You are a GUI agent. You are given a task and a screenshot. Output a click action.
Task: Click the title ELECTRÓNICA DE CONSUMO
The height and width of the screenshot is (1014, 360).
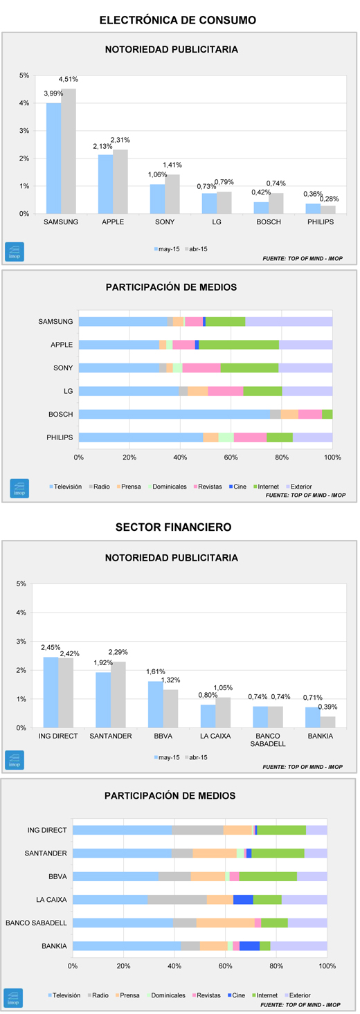click(x=177, y=20)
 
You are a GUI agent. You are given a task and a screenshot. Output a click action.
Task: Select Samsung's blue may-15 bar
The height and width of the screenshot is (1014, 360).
click(x=53, y=158)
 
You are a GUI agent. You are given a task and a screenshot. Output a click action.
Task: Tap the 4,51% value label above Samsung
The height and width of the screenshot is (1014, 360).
click(x=68, y=79)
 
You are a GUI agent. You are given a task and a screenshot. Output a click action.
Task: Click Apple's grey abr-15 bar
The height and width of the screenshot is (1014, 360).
click(x=120, y=181)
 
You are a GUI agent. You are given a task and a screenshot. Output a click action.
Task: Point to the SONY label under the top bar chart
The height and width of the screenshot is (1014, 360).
click(x=164, y=221)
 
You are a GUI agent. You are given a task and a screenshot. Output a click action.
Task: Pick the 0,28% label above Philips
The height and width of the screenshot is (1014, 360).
click(x=330, y=199)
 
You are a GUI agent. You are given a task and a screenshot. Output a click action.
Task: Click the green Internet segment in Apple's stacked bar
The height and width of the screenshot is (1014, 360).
click(x=239, y=345)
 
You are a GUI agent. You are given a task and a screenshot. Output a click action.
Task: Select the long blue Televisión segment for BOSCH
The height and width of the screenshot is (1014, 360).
click(x=174, y=414)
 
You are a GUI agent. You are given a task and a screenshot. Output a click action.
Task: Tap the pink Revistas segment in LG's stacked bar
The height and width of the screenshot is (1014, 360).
click(x=226, y=391)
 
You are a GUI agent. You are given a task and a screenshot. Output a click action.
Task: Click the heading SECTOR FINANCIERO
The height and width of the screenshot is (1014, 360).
click(x=174, y=527)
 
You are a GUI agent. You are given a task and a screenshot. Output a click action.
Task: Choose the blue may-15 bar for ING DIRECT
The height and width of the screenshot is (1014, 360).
click(x=51, y=692)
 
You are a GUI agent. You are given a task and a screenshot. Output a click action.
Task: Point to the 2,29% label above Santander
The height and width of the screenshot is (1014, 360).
click(x=118, y=652)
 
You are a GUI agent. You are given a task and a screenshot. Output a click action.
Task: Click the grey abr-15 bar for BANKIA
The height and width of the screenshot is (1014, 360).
click(x=328, y=722)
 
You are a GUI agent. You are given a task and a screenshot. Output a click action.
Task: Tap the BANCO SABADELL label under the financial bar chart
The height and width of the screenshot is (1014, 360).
click(x=268, y=740)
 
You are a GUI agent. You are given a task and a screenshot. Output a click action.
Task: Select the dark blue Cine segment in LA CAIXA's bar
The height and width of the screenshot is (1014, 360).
click(x=243, y=900)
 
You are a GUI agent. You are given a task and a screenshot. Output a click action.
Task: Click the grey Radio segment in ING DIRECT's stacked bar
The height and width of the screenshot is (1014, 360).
click(x=197, y=830)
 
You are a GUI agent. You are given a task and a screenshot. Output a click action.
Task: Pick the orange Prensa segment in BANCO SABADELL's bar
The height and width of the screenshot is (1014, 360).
click(x=226, y=923)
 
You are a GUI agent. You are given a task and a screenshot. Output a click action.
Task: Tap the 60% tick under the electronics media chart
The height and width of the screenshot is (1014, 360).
click(x=231, y=458)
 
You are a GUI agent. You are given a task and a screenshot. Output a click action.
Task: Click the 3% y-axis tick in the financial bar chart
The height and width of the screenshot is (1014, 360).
click(x=21, y=642)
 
